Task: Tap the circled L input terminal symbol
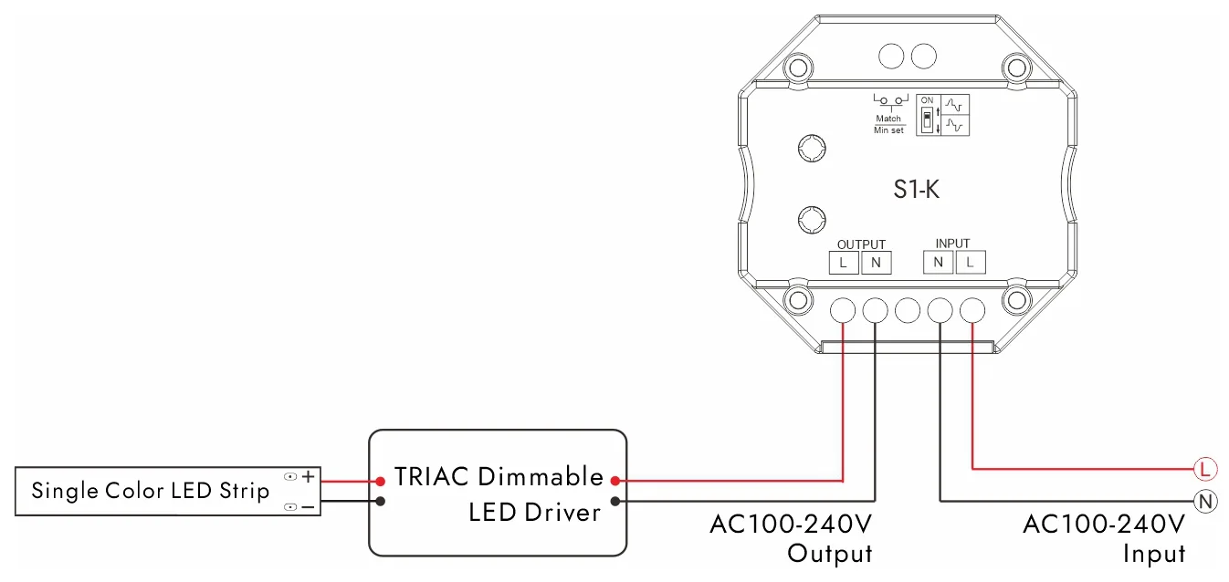[1205, 470]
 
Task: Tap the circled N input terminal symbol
[1205, 501]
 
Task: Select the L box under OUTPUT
[843, 263]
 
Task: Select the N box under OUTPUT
[876, 263]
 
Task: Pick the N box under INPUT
[938, 263]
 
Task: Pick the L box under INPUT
[971, 263]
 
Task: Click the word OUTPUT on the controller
[861, 244]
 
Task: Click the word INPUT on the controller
[952, 244]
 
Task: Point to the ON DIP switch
[928, 120]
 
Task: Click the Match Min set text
[888, 124]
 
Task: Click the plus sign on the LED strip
[309, 476]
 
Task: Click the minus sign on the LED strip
[309, 506]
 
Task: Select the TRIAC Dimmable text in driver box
[499, 477]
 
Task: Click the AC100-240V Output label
[791, 538]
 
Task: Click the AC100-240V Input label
[1104, 538]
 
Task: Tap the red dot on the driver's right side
[616, 480]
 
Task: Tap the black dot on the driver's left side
[380, 501]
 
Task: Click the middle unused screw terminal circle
[907, 310]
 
